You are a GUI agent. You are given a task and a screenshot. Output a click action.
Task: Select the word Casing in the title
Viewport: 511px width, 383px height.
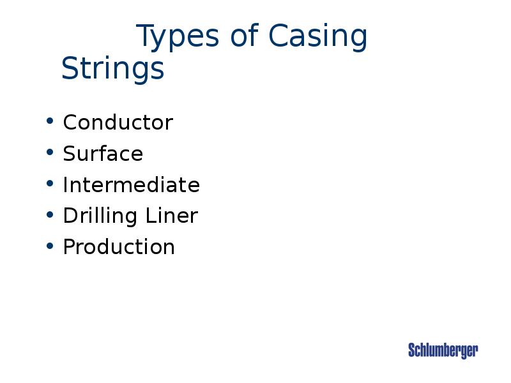coord(317,38)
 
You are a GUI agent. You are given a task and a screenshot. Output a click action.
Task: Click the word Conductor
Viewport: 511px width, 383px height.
coord(118,123)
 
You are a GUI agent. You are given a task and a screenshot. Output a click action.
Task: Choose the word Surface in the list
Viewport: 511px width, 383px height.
coord(103,154)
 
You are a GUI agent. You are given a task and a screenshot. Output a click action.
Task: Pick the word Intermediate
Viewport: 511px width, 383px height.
coord(131,185)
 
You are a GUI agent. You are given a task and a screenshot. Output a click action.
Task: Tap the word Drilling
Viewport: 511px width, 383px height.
coord(93,216)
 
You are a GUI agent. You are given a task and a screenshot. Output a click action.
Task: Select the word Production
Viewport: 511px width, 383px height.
coord(119,247)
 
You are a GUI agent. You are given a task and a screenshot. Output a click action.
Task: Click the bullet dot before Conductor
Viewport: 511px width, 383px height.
coord(50,121)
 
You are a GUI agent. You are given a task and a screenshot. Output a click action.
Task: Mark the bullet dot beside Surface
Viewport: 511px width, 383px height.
coord(50,153)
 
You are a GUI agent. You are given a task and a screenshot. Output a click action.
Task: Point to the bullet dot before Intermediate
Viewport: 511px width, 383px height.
coord(50,184)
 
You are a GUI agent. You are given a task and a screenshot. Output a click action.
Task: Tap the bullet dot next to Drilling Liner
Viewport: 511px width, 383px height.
coord(50,215)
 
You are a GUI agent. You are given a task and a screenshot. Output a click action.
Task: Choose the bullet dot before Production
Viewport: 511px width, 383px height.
coord(50,246)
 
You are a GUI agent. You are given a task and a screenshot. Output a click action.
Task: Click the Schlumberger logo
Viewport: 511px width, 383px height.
coord(443,350)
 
